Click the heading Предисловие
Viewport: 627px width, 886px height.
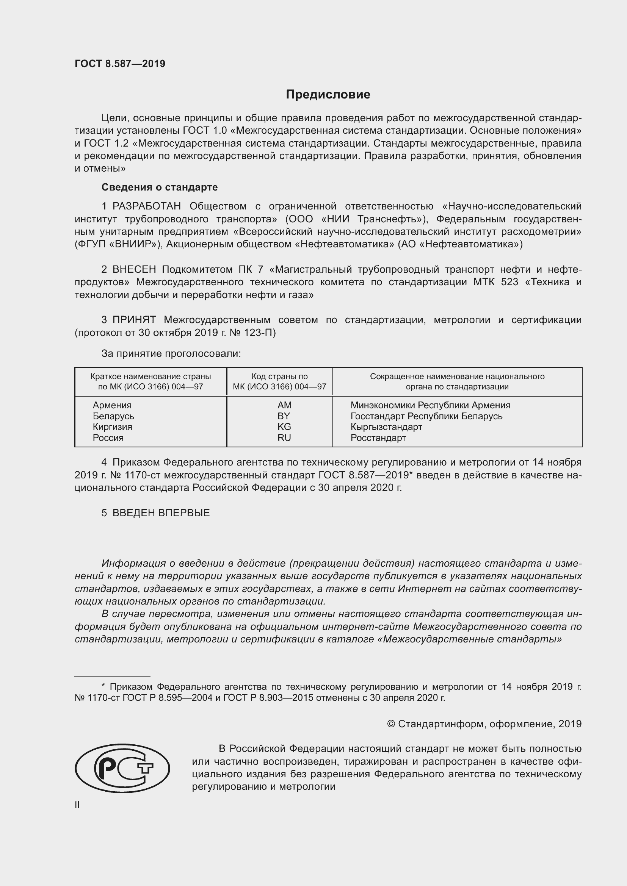[x=328, y=95]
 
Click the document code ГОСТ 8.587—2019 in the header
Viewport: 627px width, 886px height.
[x=120, y=64]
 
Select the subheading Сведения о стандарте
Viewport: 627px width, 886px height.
[x=160, y=187]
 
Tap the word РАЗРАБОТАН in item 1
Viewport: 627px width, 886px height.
[x=147, y=206]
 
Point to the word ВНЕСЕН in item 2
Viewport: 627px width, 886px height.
[x=134, y=269]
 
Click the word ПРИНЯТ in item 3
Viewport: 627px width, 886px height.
[x=134, y=320]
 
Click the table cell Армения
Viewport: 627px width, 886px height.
[x=112, y=405]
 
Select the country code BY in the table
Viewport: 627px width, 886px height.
[x=284, y=416]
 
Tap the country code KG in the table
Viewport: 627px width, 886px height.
[x=284, y=427]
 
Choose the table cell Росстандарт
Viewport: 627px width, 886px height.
[x=378, y=438]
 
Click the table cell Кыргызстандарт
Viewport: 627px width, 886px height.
[x=386, y=427]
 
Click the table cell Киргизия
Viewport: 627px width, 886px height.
[x=112, y=427]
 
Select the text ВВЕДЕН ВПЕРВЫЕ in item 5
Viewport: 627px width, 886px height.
[x=161, y=513]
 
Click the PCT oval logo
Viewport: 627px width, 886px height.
[x=122, y=769]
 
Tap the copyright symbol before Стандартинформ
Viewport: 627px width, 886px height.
[x=391, y=724]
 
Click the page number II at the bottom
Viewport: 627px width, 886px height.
[x=77, y=805]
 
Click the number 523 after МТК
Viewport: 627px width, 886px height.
[x=509, y=282]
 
